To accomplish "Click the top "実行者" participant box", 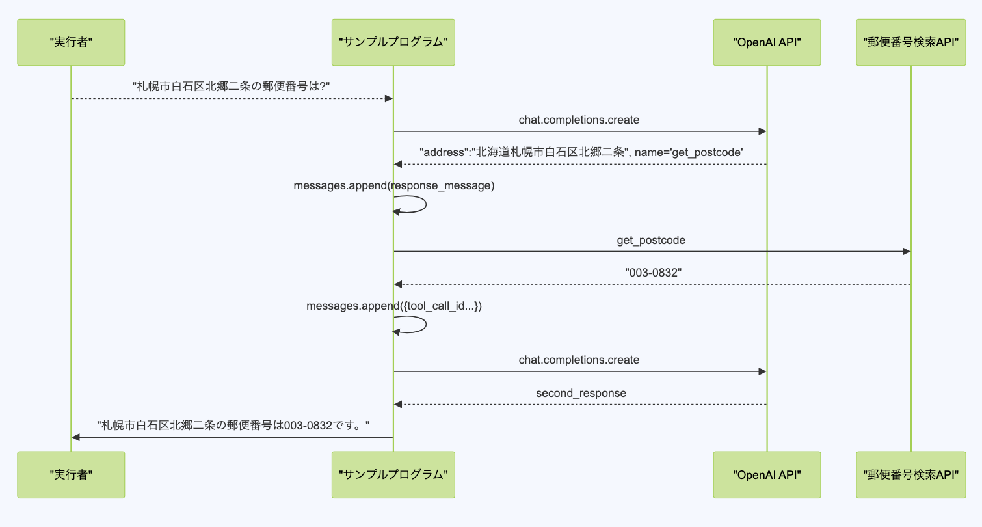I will pos(71,42).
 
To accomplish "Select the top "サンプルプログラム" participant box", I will pos(393,42).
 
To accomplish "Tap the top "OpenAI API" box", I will pos(767,42).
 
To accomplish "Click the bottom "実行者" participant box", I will pos(71,475).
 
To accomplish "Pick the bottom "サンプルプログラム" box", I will pos(393,475).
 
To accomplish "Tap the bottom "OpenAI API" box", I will pos(767,475).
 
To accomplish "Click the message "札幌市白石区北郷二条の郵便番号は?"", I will pos(232,87).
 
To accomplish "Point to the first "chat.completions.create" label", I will pos(579,120).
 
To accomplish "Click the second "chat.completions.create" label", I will pos(579,360).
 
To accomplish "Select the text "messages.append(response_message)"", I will pos(394,185).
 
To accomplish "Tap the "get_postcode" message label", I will pos(651,240).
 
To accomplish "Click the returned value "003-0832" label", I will pos(652,273).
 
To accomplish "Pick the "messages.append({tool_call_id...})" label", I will pos(394,306).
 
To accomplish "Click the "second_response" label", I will pos(581,393).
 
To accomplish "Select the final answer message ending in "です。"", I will pos(233,426).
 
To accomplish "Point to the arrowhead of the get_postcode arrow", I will pos(906,252).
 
